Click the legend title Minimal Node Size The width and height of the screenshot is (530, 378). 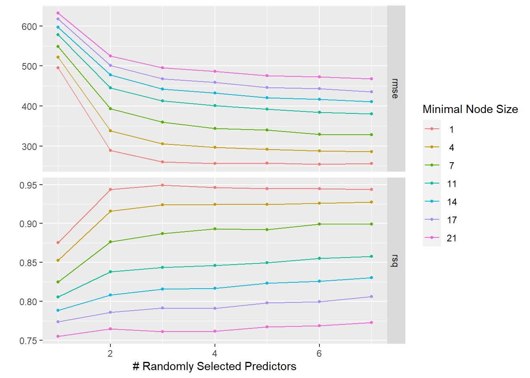point(470,109)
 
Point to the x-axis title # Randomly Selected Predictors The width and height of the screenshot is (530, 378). point(215,366)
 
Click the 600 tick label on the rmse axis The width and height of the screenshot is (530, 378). point(29,26)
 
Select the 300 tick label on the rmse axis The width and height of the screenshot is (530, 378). point(29,146)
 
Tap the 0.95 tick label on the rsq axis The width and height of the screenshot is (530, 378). point(28,185)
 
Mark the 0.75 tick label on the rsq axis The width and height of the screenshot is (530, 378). point(28,341)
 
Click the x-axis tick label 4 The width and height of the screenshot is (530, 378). point(215,353)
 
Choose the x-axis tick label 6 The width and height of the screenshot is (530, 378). point(319,353)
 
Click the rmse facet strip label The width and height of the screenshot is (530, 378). point(395,88)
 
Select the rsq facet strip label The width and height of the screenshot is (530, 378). point(395,260)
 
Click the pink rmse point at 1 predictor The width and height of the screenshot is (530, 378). point(58,13)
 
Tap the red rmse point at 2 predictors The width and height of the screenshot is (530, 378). point(110,150)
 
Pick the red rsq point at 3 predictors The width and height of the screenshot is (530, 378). point(162,185)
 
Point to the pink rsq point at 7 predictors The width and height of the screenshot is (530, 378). point(371,322)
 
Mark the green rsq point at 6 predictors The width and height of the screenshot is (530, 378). point(319,224)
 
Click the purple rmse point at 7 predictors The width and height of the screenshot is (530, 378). point(371,92)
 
